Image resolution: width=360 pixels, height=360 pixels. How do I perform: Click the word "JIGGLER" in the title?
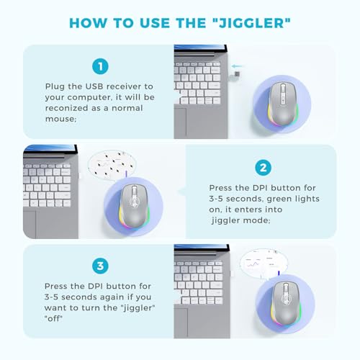click(x=252, y=23)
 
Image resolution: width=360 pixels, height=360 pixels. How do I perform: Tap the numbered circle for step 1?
click(x=100, y=66)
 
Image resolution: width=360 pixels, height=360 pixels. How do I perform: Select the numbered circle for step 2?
click(x=263, y=168)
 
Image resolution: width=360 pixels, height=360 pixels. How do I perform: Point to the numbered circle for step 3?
click(x=100, y=266)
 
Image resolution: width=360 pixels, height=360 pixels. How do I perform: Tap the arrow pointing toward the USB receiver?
click(x=237, y=66)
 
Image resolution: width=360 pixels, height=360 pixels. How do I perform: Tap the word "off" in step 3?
click(x=53, y=318)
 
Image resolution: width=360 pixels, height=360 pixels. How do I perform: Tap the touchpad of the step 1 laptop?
click(x=180, y=123)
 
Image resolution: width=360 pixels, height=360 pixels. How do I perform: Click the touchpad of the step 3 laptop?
click(x=181, y=323)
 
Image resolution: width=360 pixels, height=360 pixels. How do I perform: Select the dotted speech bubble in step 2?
click(x=112, y=165)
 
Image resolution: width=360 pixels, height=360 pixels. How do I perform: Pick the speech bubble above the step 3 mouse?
click(x=264, y=263)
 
